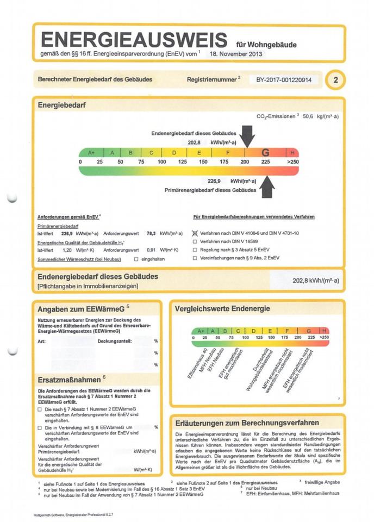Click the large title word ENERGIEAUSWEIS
134,40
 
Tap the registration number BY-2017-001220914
284,80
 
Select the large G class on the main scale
265,153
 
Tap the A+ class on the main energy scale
91,153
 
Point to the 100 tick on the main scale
162,162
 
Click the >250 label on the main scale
292,162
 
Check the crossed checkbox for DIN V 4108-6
195,233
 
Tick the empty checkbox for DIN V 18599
195,241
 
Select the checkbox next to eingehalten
136,259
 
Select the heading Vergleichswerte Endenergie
222,309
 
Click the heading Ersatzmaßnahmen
69,379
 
